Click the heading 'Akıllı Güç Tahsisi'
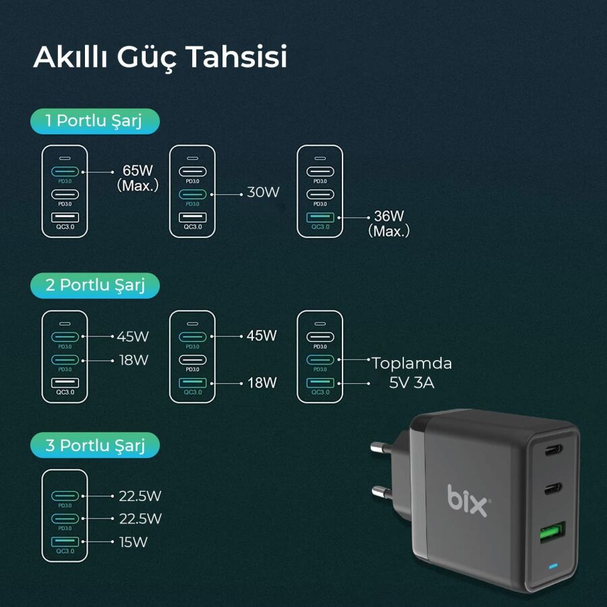[161, 57]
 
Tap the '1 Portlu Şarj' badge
[94, 121]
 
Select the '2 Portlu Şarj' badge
[94, 285]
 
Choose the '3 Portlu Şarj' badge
[94, 445]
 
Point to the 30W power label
[263, 192]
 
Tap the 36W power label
[388, 216]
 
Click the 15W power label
[134, 542]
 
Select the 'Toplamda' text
[411, 364]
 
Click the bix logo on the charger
[468, 500]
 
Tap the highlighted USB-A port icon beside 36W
[320, 217]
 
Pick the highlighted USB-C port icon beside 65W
[65, 171]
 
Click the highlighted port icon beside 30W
[193, 194]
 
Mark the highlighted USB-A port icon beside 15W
[65, 541]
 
